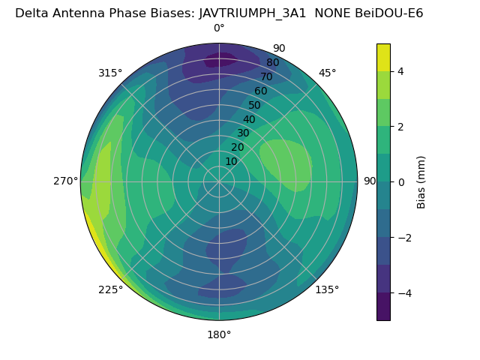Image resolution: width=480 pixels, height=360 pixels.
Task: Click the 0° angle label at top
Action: [x=219, y=28]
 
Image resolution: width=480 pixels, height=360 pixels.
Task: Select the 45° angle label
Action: [x=328, y=73]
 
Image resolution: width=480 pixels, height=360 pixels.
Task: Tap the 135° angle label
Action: [x=327, y=289]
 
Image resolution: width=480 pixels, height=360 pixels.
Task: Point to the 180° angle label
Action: [x=219, y=334]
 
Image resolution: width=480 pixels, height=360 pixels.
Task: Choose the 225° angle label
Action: [x=110, y=289]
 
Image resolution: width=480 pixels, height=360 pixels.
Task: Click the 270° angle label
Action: [x=65, y=181]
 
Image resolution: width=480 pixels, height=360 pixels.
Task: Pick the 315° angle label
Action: [x=110, y=73]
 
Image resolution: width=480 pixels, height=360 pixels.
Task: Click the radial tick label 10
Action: [x=231, y=161]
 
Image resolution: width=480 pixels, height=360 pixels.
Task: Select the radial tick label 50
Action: [x=255, y=105]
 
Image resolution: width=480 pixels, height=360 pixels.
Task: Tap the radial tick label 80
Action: [x=272, y=63]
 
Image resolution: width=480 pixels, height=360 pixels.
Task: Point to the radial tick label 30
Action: [x=243, y=133]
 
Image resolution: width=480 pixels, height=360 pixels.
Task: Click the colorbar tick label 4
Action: [x=401, y=71]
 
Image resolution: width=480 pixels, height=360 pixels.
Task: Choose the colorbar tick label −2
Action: [x=405, y=238]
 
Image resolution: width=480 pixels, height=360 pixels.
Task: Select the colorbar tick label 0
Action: [x=401, y=182]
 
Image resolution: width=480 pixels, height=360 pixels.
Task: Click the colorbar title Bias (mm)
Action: [x=421, y=182]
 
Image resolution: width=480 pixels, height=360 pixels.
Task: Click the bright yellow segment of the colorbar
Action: [x=383, y=57]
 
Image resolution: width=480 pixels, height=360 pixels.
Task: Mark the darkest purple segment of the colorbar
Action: [x=383, y=307]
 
